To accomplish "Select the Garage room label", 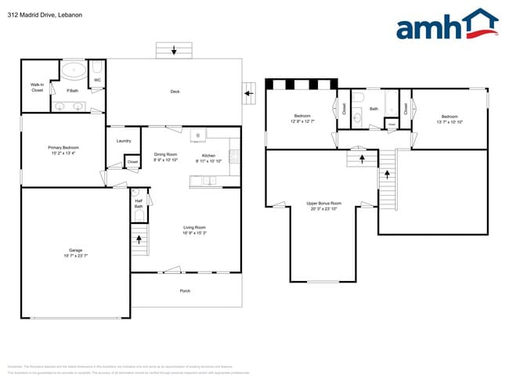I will tap(75, 253).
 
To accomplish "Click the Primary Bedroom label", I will tap(61, 150).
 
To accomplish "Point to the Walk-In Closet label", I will tap(37, 87).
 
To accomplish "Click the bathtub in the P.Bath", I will tap(74, 70).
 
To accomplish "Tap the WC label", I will tap(97, 80).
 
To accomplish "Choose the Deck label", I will tap(175, 92).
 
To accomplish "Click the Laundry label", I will tap(123, 141).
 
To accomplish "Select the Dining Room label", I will tap(165, 157).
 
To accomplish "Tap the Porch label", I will tap(185, 290).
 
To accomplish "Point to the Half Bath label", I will tap(139, 204).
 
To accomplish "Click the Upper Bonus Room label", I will tap(323, 206).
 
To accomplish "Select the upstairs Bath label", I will tap(374, 109).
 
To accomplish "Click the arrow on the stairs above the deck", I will tap(174, 51).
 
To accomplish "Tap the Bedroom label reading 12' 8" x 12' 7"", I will tap(302, 118).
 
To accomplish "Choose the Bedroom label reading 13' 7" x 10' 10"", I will tap(449, 118).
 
